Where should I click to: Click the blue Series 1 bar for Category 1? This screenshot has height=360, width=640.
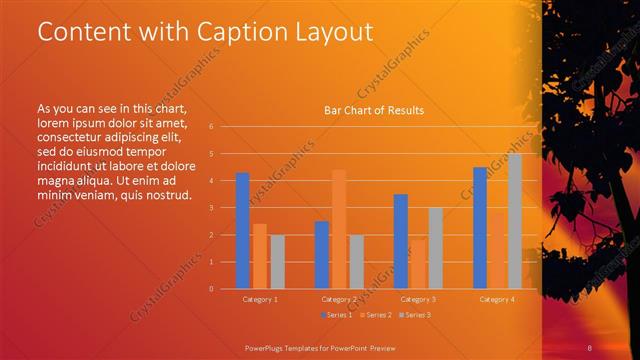click(242, 231)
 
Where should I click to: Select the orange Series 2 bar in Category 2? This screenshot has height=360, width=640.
click(339, 229)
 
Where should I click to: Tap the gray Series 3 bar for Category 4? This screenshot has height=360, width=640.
click(515, 221)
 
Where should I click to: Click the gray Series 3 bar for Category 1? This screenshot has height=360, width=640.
click(277, 262)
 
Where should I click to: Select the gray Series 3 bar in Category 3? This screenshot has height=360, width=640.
click(436, 248)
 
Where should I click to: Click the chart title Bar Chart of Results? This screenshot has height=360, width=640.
click(373, 110)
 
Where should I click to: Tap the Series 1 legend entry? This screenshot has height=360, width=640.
click(335, 314)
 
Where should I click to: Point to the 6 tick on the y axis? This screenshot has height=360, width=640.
click(210, 127)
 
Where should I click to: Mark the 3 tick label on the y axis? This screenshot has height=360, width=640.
click(210, 208)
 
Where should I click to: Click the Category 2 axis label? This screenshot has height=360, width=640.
click(339, 299)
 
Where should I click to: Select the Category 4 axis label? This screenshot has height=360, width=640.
click(497, 299)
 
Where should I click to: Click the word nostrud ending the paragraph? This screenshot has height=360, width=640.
click(166, 193)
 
